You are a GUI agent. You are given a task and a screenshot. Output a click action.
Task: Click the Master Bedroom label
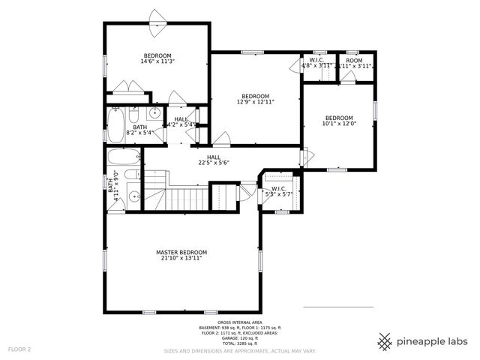point(181,252)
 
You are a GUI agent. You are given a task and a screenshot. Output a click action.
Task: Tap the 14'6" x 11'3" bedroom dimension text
point(157,62)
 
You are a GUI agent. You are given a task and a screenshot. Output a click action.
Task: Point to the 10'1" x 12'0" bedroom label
point(338,124)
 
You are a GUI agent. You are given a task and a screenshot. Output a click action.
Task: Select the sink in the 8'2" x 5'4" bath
point(153,114)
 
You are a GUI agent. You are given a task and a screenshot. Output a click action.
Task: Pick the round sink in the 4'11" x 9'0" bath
point(133,198)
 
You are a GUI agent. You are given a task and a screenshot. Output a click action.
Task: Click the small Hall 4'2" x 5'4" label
point(181,122)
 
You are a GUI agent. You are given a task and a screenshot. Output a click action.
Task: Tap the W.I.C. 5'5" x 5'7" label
point(278,191)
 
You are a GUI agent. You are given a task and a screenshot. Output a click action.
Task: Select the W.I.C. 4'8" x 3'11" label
point(316,63)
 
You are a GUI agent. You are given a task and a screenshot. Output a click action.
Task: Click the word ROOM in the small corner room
point(354,60)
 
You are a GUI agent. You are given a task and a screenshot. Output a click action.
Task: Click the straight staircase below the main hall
point(183,199)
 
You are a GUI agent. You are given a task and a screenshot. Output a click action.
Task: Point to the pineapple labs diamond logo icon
point(385,342)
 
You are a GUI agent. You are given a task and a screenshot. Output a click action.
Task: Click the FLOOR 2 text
point(19,349)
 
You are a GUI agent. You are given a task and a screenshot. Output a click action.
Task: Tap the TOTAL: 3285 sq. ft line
point(239,343)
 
